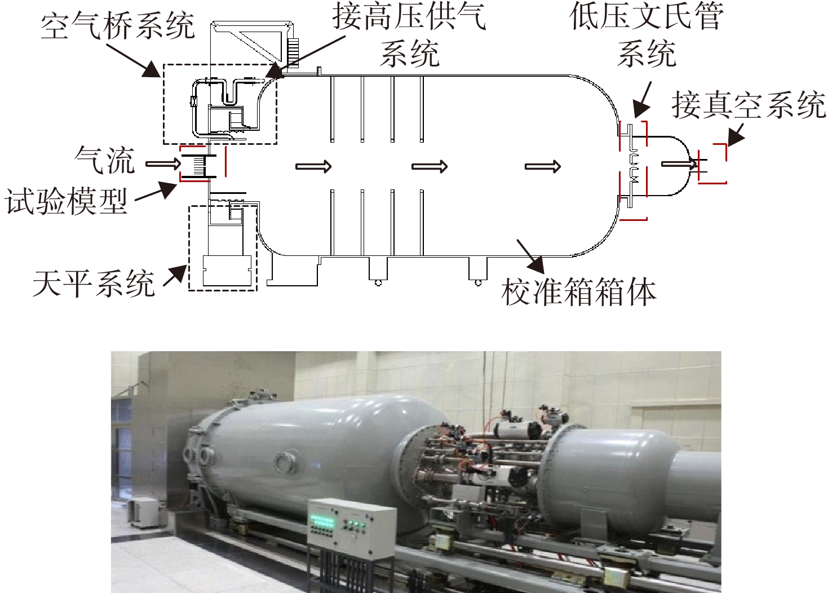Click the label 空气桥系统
coord(118,26)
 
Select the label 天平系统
coord(94,284)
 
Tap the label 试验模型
coord(66,201)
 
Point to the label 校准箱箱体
coord(579,293)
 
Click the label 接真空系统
coord(749,105)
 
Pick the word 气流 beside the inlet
coord(104,160)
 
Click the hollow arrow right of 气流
coord(163,163)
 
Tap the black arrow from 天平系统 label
coord(175,276)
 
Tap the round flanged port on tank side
coord(285,463)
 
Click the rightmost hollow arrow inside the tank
coord(542,166)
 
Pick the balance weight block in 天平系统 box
coord(227,271)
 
